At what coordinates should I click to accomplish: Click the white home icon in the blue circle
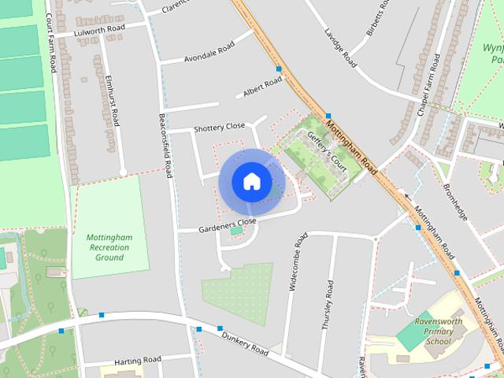251,181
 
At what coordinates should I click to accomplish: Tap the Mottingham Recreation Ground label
109,247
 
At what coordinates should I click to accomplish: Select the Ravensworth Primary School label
438,332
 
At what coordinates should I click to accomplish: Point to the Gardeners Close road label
228,225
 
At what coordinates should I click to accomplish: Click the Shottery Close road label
220,128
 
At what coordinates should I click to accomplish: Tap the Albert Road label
262,87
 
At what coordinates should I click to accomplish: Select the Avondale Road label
209,53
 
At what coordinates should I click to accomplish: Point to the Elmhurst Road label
112,101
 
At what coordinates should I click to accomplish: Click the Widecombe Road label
297,262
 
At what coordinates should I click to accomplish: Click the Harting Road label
137,361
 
